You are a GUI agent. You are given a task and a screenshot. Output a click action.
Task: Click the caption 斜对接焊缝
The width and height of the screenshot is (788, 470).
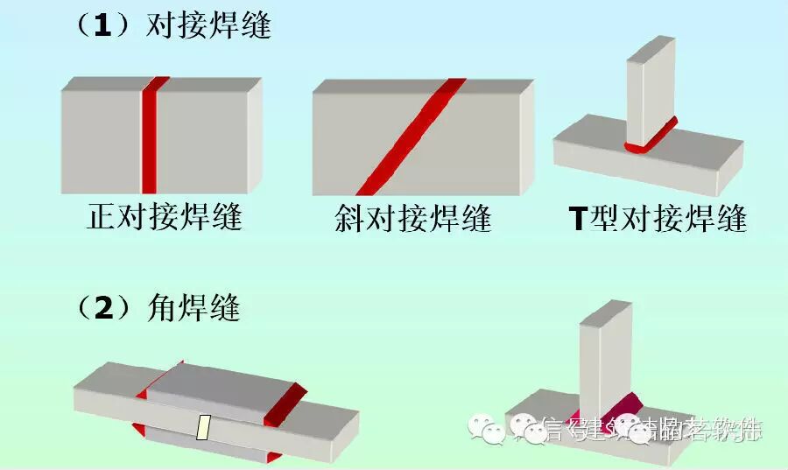coord(412,217)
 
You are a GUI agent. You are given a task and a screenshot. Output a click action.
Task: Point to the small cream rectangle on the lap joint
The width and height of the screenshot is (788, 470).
coord(204,427)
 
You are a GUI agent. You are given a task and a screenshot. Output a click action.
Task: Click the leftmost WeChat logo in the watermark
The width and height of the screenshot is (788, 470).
coord(483,427)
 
